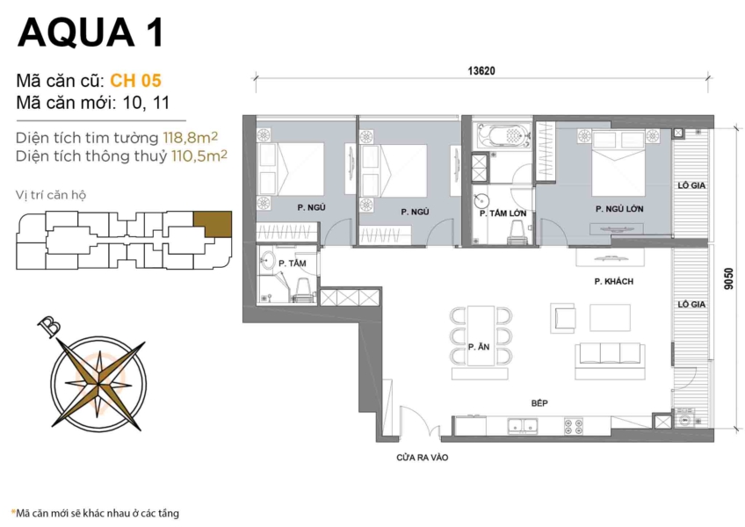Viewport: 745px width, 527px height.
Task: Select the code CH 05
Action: click(x=135, y=81)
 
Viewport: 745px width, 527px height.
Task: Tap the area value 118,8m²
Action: click(x=190, y=137)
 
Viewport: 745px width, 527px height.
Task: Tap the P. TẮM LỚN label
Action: click(x=503, y=213)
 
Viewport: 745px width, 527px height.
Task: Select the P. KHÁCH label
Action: click(x=613, y=281)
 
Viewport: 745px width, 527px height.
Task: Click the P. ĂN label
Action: click(x=479, y=347)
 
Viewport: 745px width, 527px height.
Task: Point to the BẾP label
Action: click(x=541, y=401)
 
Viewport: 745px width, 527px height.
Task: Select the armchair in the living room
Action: click(x=563, y=316)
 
